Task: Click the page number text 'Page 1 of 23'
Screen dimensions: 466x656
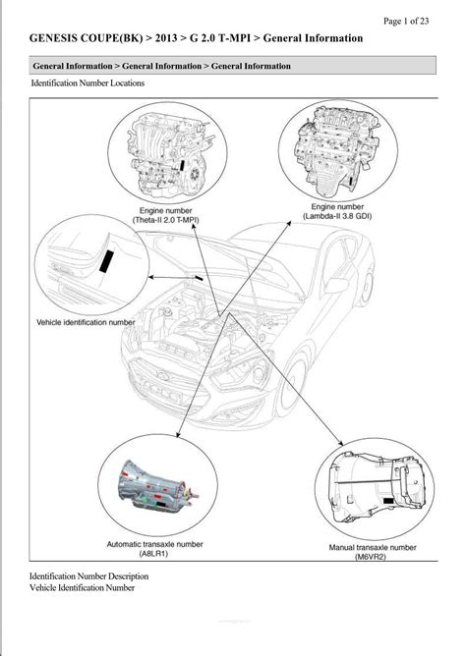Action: [406, 21]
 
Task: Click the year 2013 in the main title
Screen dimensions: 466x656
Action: [166, 38]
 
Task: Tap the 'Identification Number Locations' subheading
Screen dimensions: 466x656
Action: [87, 82]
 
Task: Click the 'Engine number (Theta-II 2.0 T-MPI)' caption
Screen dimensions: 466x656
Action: [166, 215]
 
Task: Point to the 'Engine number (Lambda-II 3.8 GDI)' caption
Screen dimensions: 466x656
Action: [337, 211]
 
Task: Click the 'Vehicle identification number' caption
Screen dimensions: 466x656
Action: [86, 322]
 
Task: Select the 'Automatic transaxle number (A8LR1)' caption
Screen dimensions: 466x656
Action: [154, 549]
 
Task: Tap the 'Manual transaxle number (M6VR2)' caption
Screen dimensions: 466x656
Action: [373, 552]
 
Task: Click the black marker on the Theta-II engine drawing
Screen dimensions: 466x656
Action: [182, 165]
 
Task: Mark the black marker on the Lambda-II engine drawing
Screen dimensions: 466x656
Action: [350, 183]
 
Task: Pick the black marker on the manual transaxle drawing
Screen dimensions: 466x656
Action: [388, 501]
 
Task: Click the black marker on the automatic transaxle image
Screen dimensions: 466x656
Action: [160, 505]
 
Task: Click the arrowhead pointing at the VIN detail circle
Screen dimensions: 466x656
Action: [152, 277]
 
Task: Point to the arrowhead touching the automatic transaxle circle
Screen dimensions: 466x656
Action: [178, 435]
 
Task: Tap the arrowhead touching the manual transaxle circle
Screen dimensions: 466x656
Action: [340, 443]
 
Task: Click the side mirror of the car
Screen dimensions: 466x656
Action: [336, 285]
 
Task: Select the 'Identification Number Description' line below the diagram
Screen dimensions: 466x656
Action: [88, 576]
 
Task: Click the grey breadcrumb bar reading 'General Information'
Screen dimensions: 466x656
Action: [232, 66]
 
